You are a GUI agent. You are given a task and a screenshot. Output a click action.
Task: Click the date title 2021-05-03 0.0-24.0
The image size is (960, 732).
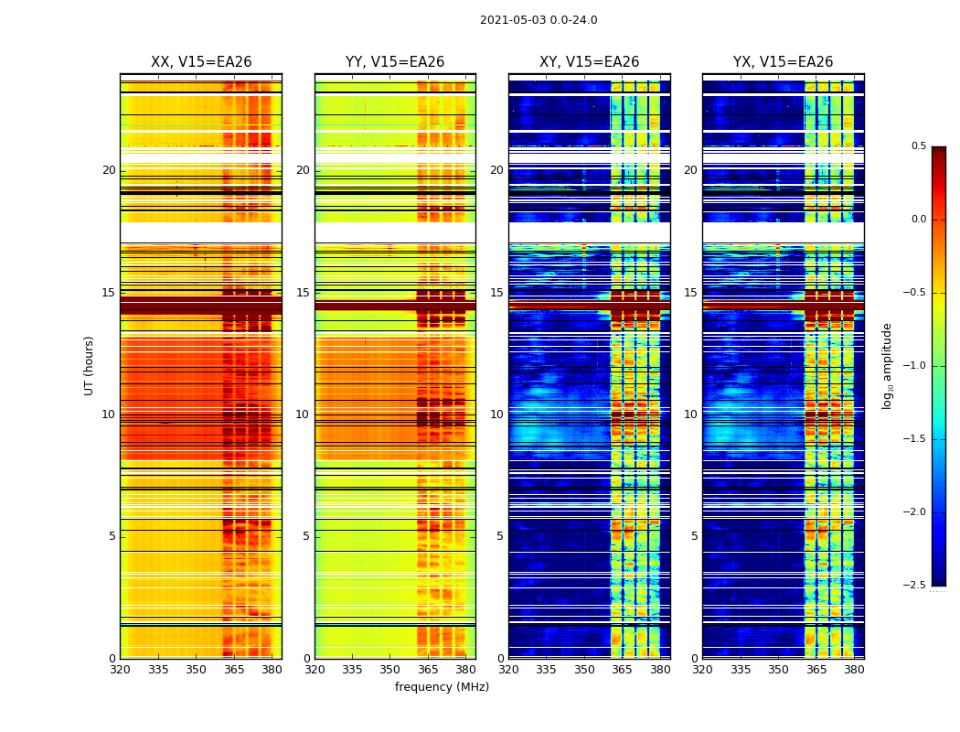click(539, 20)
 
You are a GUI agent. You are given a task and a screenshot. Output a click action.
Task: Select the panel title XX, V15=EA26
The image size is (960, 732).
click(201, 62)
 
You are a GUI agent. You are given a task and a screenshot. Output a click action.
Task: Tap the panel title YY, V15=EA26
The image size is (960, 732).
click(395, 62)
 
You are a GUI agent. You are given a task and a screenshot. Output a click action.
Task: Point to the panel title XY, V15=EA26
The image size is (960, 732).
click(589, 62)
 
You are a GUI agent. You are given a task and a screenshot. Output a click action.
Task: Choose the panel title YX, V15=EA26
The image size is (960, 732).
click(783, 62)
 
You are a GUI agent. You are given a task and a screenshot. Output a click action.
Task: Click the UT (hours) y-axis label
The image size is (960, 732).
click(90, 365)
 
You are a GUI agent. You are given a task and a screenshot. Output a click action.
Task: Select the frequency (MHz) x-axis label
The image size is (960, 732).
click(442, 687)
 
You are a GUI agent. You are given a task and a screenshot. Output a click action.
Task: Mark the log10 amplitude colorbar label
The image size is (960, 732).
click(888, 365)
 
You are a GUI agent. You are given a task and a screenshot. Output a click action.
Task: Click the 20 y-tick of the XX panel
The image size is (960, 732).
click(109, 170)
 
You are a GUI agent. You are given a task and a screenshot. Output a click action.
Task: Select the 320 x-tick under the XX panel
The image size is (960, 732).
click(120, 670)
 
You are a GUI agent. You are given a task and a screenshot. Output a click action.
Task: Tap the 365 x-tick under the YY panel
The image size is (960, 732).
click(428, 670)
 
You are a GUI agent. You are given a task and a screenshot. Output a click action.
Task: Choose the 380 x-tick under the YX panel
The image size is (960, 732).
click(854, 670)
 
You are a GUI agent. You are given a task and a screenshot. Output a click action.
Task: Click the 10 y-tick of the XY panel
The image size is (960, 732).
click(496, 414)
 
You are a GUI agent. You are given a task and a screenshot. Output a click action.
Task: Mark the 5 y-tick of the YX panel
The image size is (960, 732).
click(694, 536)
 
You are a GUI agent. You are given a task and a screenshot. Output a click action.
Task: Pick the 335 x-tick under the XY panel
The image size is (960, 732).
click(547, 670)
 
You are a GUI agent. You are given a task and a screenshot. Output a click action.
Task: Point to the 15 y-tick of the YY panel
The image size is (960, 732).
click(303, 293)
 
